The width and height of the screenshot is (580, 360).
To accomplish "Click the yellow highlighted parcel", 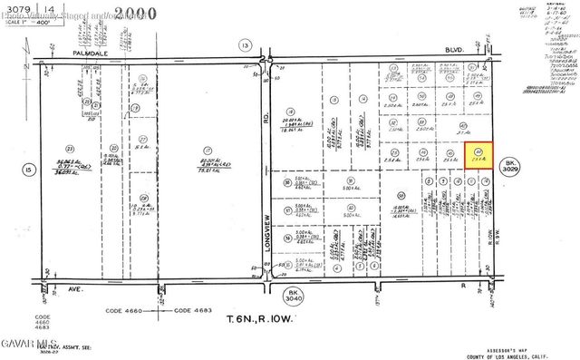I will pyautogui.click(x=484, y=156).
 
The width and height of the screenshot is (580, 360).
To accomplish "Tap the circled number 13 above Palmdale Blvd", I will pyautogui.click(x=245, y=44).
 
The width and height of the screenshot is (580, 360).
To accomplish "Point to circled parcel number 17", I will pyautogui.click(x=208, y=149).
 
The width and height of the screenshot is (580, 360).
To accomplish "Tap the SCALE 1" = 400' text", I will pyautogui.click(x=24, y=22).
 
